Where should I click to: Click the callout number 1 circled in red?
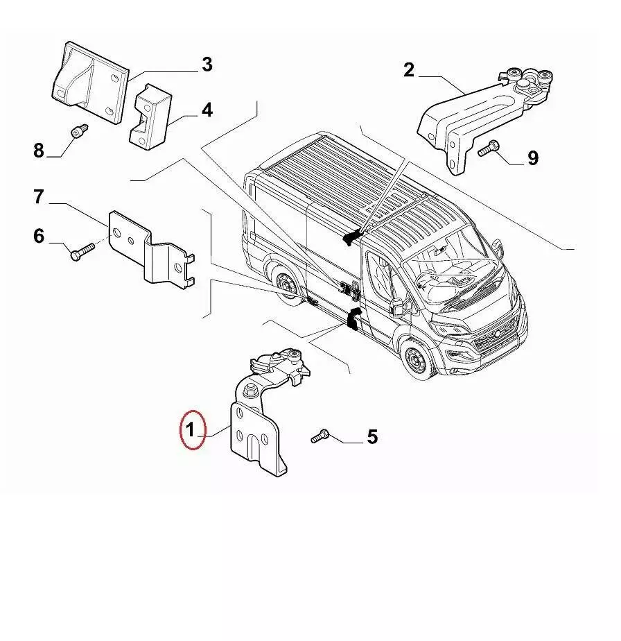point(191,430)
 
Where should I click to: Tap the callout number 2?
point(408,70)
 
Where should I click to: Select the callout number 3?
point(207,65)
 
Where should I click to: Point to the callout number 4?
point(207,110)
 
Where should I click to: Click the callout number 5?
point(372,436)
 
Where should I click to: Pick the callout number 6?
point(39,236)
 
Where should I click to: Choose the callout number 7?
point(38,196)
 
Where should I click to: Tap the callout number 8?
point(38,150)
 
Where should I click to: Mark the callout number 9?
point(533,157)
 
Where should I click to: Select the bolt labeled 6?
point(82,251)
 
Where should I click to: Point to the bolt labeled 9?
point(489,148)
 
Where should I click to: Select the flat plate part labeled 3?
point(90,81)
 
